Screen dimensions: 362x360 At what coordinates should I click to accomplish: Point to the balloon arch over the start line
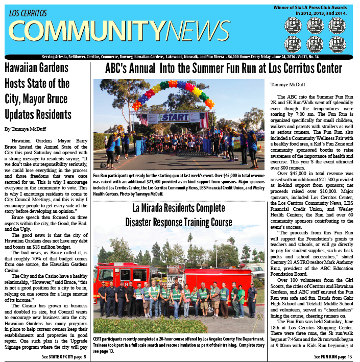pyautogui.click(x=173, y=89)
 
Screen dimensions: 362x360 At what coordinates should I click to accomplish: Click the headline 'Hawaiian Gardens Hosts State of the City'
pyautogui.click(x=38, y=90)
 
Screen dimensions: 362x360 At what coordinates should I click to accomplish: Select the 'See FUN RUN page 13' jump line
pyautogui.click(x=333, y=356)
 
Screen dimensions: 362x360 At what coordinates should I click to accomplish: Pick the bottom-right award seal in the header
pyautogui.click(x=337, y=44)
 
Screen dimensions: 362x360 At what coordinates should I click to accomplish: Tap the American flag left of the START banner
pyautogui.click(x=143, y=119)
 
